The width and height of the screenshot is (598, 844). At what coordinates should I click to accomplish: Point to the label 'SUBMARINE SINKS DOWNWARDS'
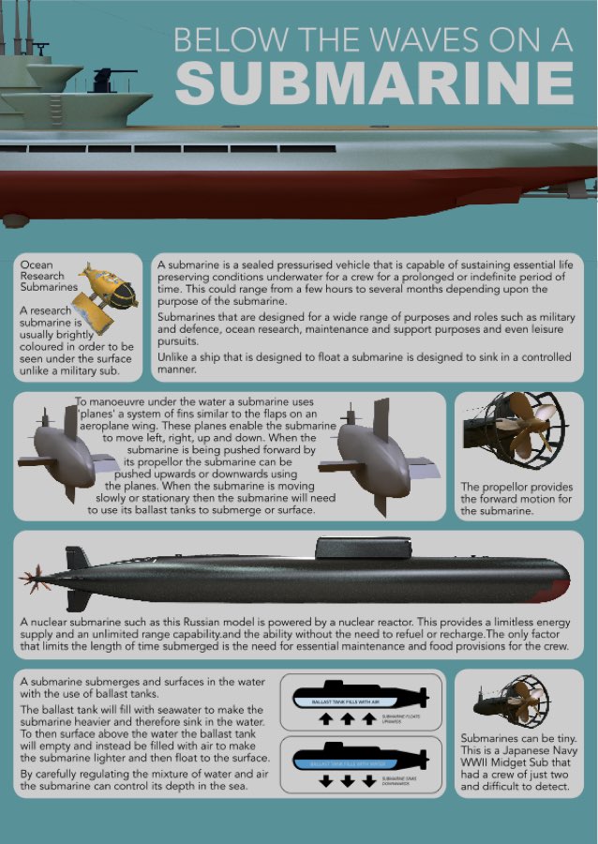[x=399, y=781]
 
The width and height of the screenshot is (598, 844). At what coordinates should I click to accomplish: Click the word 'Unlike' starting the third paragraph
[x=175, y=357]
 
